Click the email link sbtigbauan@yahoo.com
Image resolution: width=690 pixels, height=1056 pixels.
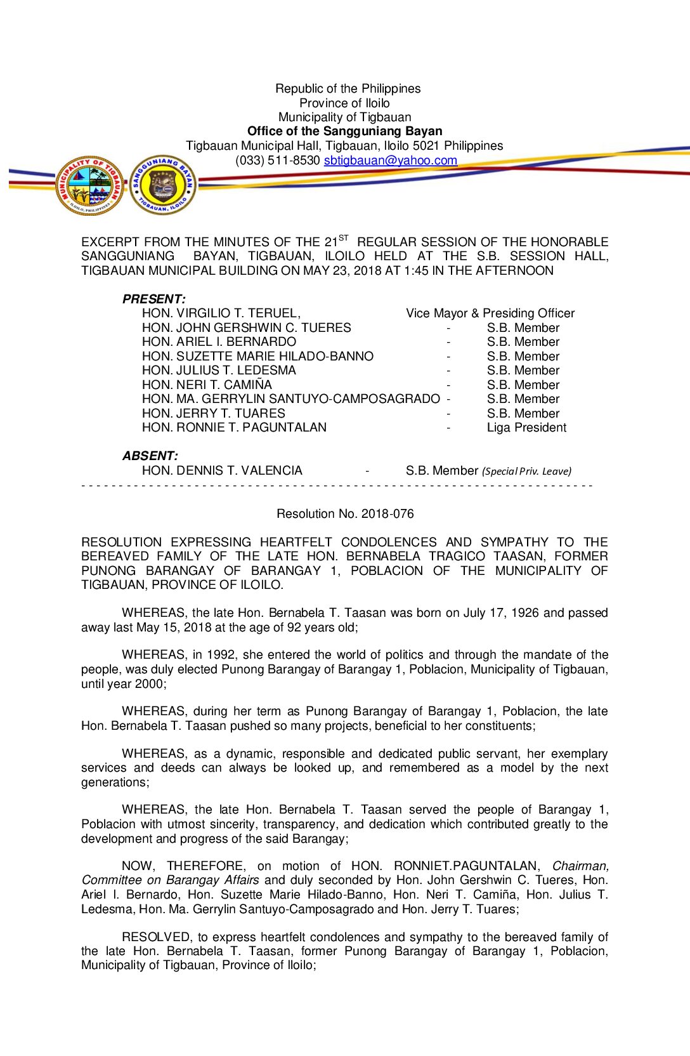390,161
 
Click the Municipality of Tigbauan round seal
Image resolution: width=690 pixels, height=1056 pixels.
89,185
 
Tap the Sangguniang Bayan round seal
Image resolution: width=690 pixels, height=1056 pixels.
163,185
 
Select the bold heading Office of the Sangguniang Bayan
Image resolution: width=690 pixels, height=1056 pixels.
344,131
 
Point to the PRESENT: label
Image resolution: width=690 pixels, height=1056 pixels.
153,299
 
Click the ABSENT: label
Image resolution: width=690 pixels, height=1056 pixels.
150,456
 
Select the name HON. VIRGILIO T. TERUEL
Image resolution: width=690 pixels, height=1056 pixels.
221,313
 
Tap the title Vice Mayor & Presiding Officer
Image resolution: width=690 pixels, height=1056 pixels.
490,313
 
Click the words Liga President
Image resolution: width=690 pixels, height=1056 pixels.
526,428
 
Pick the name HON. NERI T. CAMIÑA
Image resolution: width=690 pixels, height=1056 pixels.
207,385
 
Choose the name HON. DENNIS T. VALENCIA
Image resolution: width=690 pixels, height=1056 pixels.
222,471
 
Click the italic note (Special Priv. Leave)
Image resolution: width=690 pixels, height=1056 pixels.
526,472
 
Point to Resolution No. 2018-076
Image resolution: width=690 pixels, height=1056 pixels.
345,514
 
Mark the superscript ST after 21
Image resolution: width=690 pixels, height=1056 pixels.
343,238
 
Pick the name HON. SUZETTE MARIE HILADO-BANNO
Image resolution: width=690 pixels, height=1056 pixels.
257,357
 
